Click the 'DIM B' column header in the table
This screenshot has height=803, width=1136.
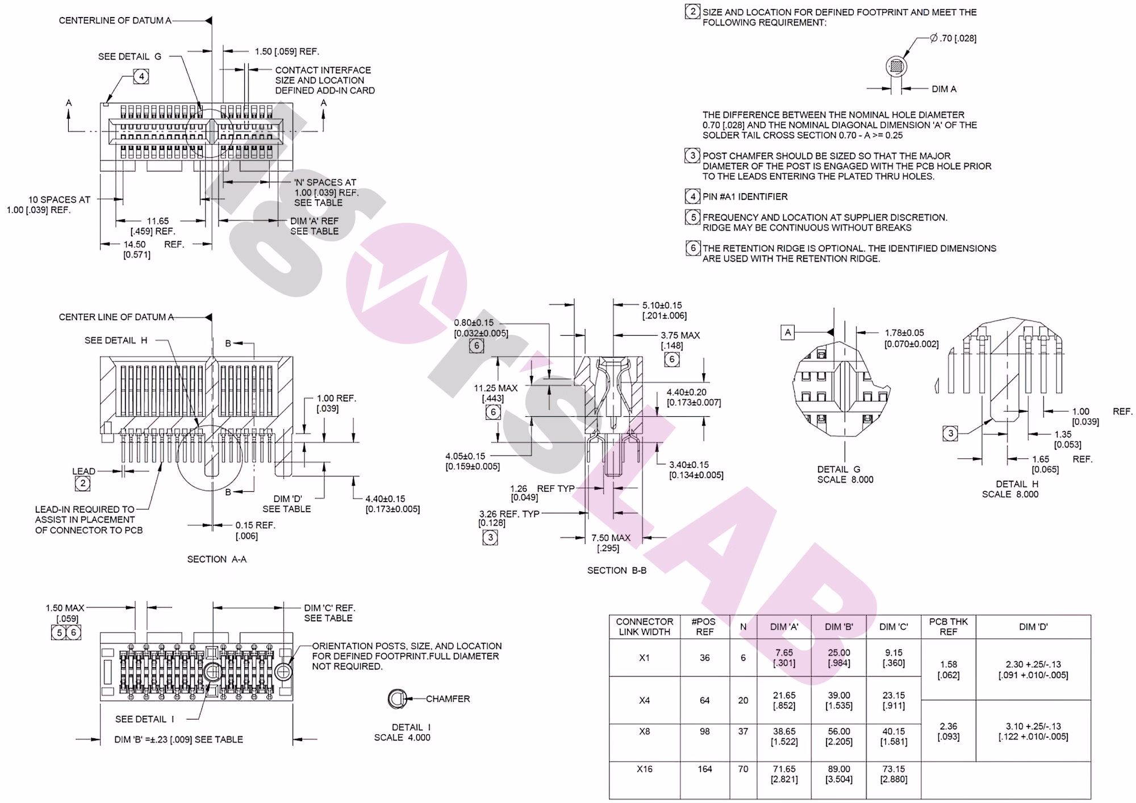click(839, 627)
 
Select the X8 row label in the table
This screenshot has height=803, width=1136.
click(644, 731)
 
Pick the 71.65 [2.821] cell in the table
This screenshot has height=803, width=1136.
click(784, 774)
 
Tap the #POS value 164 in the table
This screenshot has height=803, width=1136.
click(704, 769)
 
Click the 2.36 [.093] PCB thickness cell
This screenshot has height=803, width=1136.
click(949, 731)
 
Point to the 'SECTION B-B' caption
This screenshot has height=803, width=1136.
click(616, 570)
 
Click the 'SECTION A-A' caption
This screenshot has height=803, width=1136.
click(217, 559)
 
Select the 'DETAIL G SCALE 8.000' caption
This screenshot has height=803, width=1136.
click(845, 475)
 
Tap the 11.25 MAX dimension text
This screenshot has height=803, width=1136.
click(496, 388)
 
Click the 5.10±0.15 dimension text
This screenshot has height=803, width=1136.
click(662, 306)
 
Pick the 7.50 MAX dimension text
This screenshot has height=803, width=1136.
click(611, 538)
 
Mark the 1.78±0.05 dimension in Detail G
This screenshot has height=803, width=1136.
click(904, 333)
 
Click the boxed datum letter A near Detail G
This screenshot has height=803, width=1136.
click(787, 333)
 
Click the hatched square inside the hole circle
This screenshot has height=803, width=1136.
click(896, 66)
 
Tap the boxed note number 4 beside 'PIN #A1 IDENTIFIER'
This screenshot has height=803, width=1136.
click(692, 196)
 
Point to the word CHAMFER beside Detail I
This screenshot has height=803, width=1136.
click(448, 699)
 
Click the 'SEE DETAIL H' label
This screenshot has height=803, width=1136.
click(116, 341)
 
